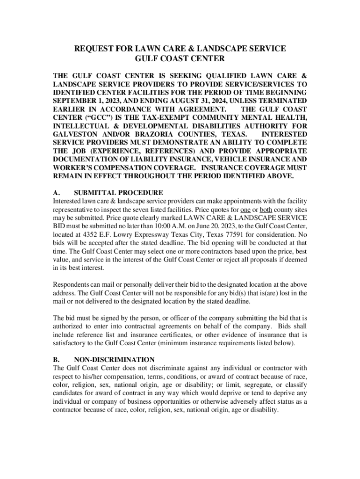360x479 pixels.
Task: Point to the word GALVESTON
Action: [x=75, y=134]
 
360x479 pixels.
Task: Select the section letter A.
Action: [x=56, y=193]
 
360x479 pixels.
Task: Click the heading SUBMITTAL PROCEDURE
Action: [x=118, y=193]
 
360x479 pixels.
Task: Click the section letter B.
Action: [x=56, y=360]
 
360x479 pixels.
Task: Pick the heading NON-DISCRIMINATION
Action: [x=114, y=360]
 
